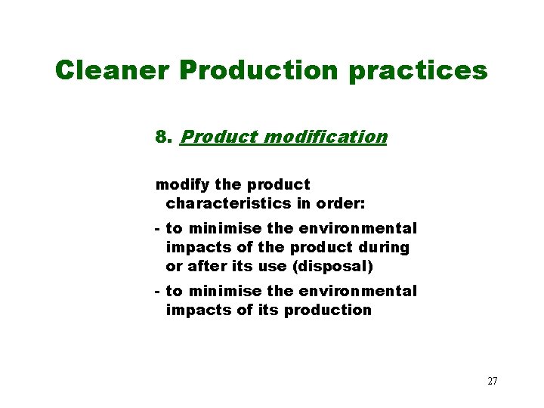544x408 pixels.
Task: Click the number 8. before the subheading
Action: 165,137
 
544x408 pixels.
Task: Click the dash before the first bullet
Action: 156,228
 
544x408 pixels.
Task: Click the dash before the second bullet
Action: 156,291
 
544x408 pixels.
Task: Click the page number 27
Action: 492,381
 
